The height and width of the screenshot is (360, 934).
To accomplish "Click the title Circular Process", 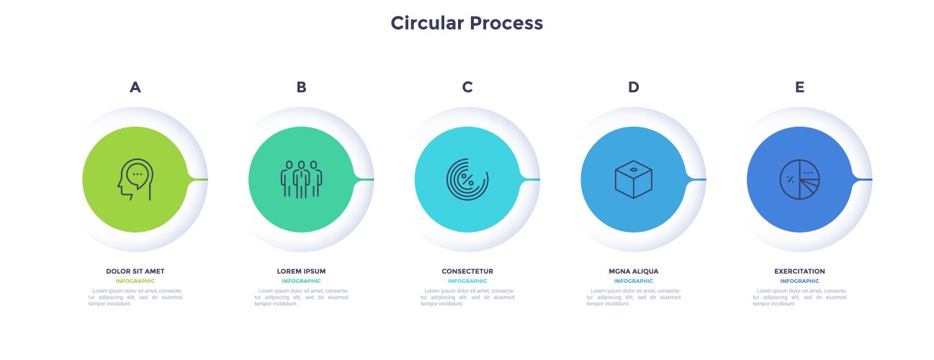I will (467, 23).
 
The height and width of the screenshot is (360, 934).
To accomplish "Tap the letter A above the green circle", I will (135, 87).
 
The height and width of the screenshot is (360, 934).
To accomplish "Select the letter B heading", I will (301, 87).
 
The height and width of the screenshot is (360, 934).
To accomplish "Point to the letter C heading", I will (467, 87).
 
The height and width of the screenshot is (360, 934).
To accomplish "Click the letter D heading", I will (633, 87).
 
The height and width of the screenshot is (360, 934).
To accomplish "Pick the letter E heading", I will (799, 87).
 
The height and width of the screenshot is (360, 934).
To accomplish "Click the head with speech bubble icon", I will (135, 179).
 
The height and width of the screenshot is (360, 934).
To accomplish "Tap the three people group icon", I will (301, 179).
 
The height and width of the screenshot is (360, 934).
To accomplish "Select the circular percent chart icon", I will (467, 179).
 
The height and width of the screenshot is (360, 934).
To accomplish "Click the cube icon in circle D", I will (633, 179).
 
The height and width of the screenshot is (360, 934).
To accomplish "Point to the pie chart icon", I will (799, 179).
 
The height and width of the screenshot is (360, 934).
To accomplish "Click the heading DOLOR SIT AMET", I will (135, 271).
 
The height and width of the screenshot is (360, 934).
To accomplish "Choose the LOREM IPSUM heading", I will (301, 271).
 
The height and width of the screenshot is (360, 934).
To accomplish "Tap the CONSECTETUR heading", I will (467, 271).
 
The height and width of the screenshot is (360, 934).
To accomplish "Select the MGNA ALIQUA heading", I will (633, 271).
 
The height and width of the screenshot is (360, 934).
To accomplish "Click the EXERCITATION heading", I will (799, 271).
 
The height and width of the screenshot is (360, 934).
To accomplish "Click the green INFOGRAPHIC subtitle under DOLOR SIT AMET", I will (135, 281).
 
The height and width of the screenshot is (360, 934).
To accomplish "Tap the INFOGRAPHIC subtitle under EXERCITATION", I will (799, 281).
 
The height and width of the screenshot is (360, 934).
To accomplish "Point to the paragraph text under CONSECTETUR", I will (467, 297).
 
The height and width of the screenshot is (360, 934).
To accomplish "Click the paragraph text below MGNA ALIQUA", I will (633, 297).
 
